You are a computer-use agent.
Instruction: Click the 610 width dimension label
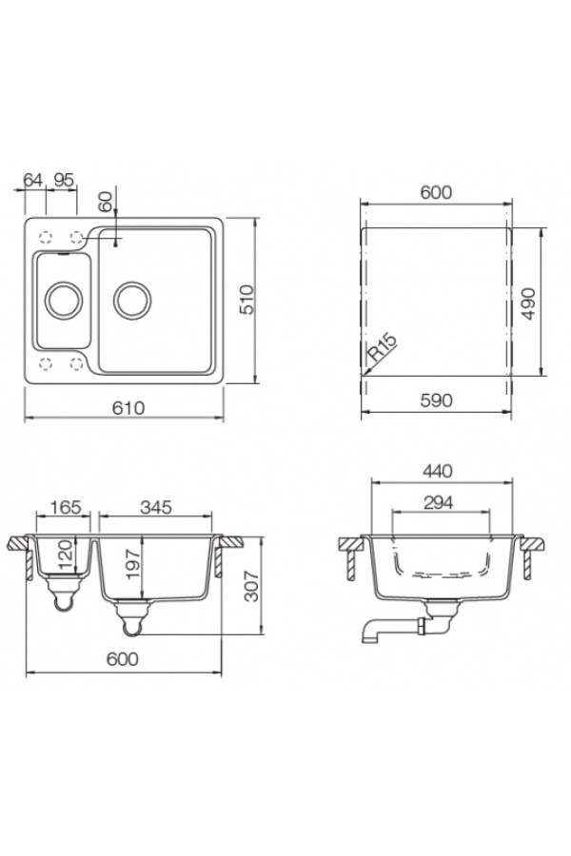tap(129, 407)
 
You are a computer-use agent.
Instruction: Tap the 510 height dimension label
tap(248, 300)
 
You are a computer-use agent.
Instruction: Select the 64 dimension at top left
tap(32, 179)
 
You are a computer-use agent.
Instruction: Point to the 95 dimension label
tap(64, 179)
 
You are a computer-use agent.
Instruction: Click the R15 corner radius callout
tap(382, 347)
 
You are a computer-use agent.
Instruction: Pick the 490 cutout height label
tap(528, 303)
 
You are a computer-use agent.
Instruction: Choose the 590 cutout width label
tap(437, 400)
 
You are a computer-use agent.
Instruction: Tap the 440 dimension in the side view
tap(437, 471)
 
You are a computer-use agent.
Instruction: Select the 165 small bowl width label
tap(66, 507)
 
